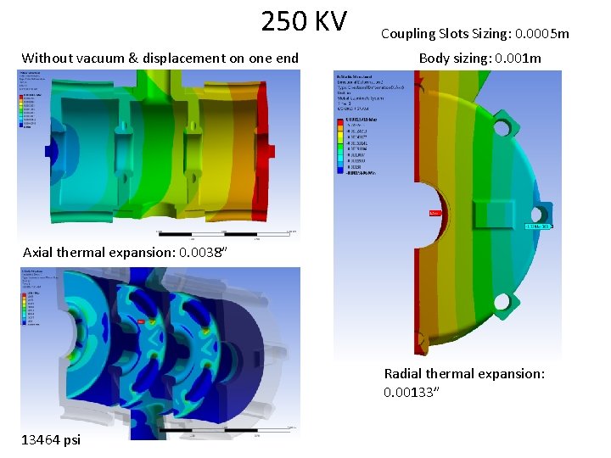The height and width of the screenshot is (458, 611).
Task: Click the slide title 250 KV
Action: tap(303, 21)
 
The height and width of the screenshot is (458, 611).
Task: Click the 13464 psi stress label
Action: tap(52, 438)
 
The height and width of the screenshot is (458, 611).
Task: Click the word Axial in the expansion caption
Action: tap(39, 252)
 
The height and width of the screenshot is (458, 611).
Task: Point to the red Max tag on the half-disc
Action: tap(436, 214)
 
